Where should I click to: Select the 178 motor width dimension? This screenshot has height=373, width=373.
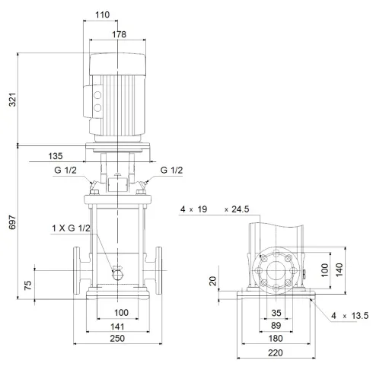point(116,35)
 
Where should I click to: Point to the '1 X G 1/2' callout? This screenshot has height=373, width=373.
point(73,228)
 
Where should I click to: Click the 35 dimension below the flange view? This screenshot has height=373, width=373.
point(277,313)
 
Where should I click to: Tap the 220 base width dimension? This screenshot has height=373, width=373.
point(277,352)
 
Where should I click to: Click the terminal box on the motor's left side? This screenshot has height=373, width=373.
point(97,103)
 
